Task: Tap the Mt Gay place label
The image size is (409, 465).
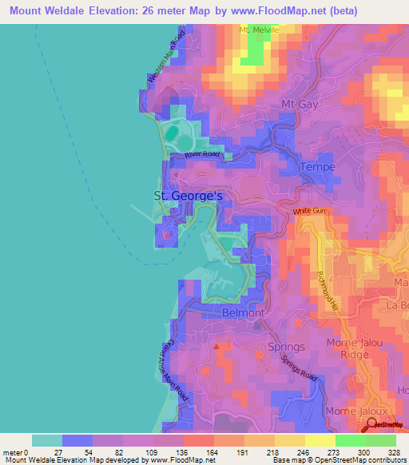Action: click(301, 105)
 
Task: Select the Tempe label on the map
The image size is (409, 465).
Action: click(316, 167)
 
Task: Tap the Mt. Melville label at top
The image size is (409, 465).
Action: click(260, 30)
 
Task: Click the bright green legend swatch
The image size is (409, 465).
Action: click(350, 440)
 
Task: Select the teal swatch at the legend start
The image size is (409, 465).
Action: click(47, 440)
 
